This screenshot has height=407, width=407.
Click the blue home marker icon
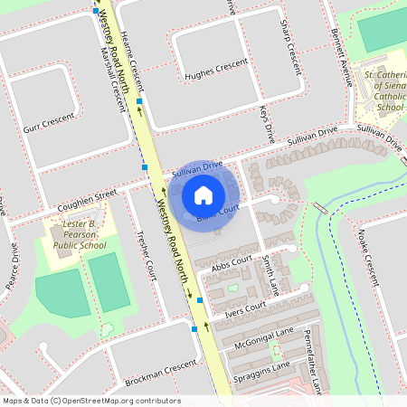click(203, 194)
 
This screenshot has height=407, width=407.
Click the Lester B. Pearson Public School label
click(71, 234)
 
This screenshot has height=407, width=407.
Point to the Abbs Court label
click(230, 261)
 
